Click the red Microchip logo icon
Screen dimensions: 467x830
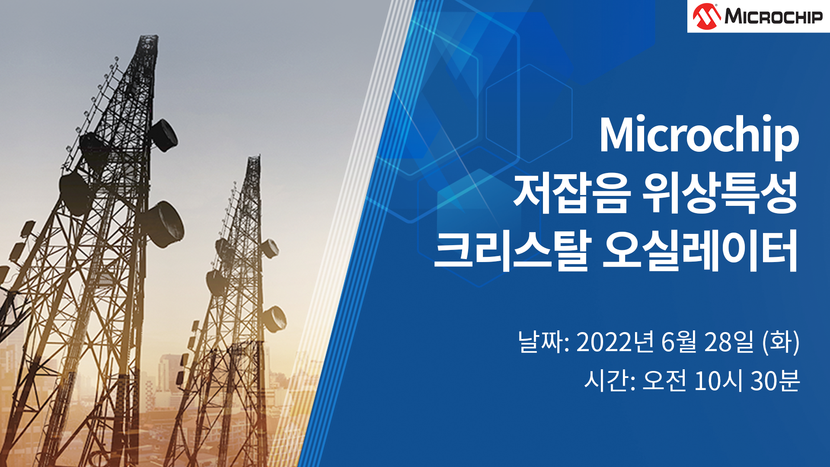[x=706, y=16]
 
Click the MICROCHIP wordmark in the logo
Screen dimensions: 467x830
[x=773, y=17]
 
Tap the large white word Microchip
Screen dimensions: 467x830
[x=699, y=135]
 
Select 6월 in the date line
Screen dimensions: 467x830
[x=679, y=342]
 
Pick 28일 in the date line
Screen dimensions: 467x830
[x=729, y=342]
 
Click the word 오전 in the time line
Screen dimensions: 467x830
[x=664, y=381]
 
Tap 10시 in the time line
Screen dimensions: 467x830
[x=718, y=381]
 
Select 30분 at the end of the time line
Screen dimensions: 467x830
[x=775, y=381]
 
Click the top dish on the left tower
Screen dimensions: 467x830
[x=163, y=135]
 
